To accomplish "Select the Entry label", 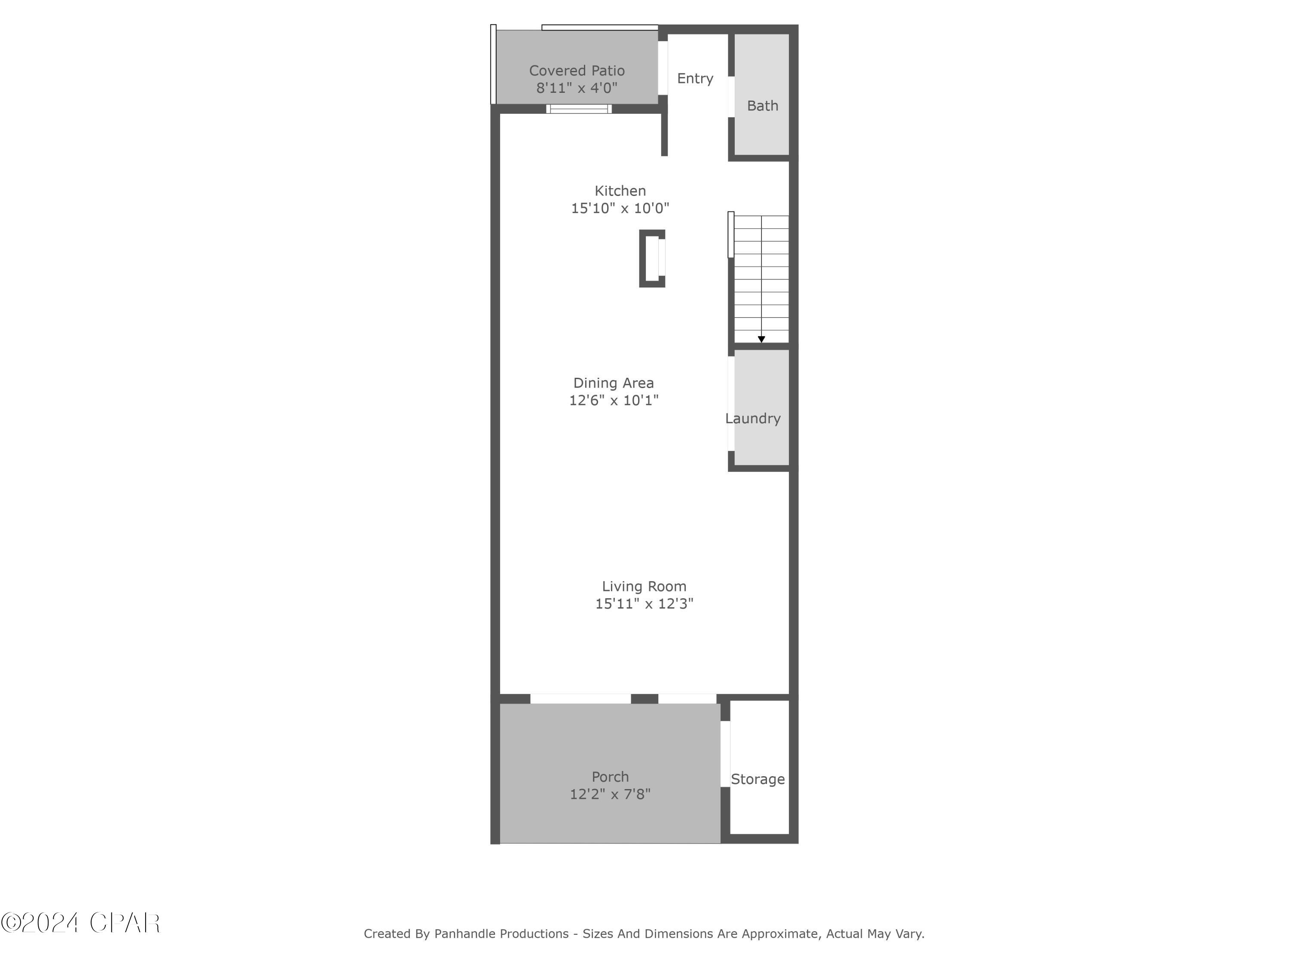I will click(x=695, y=78).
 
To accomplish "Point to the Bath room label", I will click(x=762, y=105).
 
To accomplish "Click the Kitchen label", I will click(x=620, y=190).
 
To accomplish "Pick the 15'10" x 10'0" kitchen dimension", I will click(x=620, y=208).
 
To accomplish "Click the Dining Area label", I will click(x=613, y=383).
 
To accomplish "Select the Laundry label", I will click(x=752, y=419).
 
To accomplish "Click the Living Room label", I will click(x=644, y=586).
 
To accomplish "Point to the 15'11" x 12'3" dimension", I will click(x=644, y=604).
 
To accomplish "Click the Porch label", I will click(x=610, y=777).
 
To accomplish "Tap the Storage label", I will click(x=758, y=779).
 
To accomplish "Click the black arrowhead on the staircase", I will click(x=761, y=339).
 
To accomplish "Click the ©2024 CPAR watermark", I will click(x=80, y=923).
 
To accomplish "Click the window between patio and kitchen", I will click(x=579, y=109).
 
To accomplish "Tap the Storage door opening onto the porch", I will click(x=726, y=754).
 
